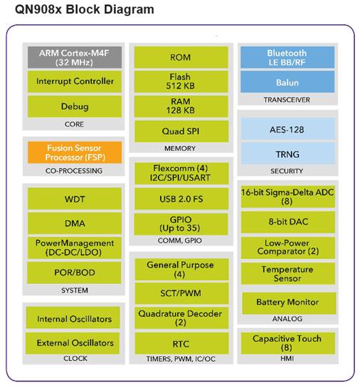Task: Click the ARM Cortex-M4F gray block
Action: click(75, 57)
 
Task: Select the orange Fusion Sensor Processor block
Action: click(75, 152)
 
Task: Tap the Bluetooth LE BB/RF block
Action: click(287, 57)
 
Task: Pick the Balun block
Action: click(287, 82)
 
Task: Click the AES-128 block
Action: click(288, 128)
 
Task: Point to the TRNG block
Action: click(288, 153)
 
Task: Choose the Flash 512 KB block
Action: click(181, 81)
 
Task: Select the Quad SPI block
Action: click(181, 131)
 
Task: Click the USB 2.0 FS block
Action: click(181, 199)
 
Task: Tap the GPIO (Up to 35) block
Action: click(181, 224)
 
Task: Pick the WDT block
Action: click(75, 199)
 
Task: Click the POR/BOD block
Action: click(74, 273)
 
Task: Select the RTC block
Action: click(181, 343)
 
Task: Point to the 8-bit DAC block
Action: click(288, 222)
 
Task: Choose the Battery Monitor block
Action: click(289, 303)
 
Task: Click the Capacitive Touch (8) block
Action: click(288, 343)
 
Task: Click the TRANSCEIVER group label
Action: click(287, 100)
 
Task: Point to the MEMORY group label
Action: click(180, 148)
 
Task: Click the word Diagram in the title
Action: click(129, 9)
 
